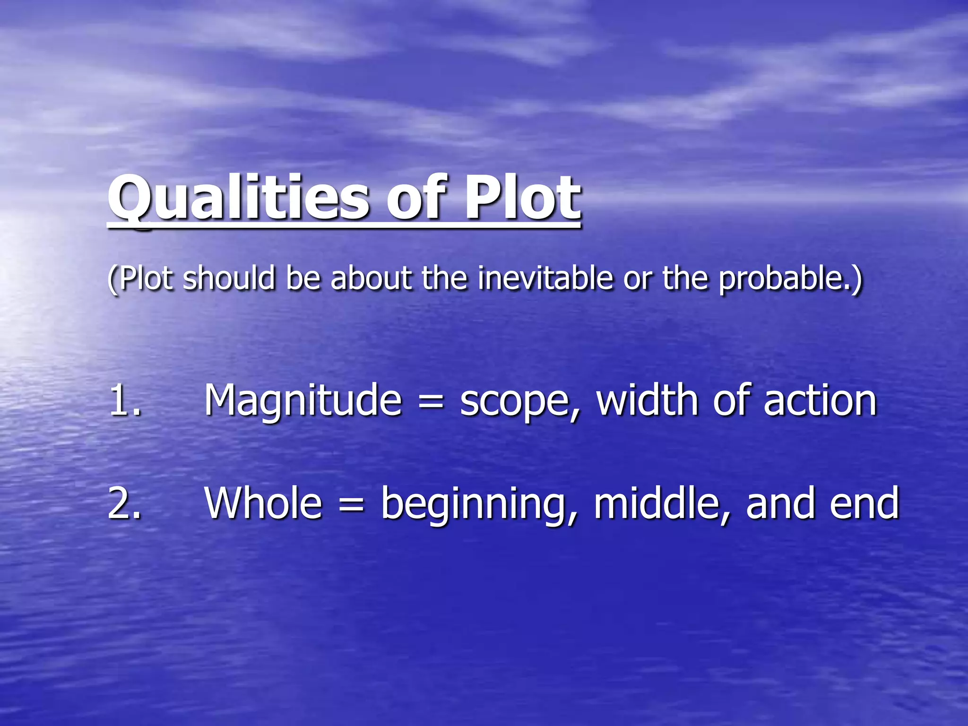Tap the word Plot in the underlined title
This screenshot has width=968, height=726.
[x=522, y=198]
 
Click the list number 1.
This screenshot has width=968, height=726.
[x=124, y=400]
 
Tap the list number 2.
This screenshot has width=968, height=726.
[x=124, y=503]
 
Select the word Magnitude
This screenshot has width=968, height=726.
[x=303, y=401]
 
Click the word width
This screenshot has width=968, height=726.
[x=648, y=400]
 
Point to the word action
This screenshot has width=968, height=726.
[x=820, y=401]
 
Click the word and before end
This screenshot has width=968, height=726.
[x=780, y=503]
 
